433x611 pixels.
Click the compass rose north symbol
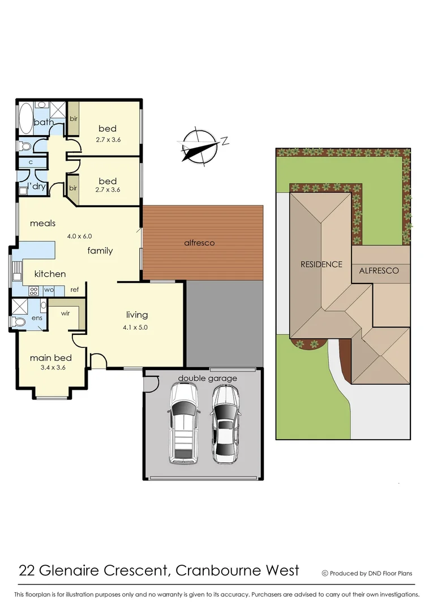[200, 146]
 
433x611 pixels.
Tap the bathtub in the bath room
[25, 118]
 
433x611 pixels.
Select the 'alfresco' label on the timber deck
[200, 243]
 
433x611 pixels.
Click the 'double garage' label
[208, 378]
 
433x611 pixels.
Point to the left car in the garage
[182, 423]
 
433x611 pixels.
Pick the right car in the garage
[225, 424]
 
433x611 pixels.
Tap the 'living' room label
[137, 315]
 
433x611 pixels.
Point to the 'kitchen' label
[50, 274]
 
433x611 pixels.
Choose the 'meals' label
[42, 223]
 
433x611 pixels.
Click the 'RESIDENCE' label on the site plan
[321, 264]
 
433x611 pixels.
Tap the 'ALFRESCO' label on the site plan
[379, 270]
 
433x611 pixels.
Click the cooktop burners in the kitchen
[33, 290]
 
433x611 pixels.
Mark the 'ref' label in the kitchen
[74, 290]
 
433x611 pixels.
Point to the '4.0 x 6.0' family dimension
[79, 236]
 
